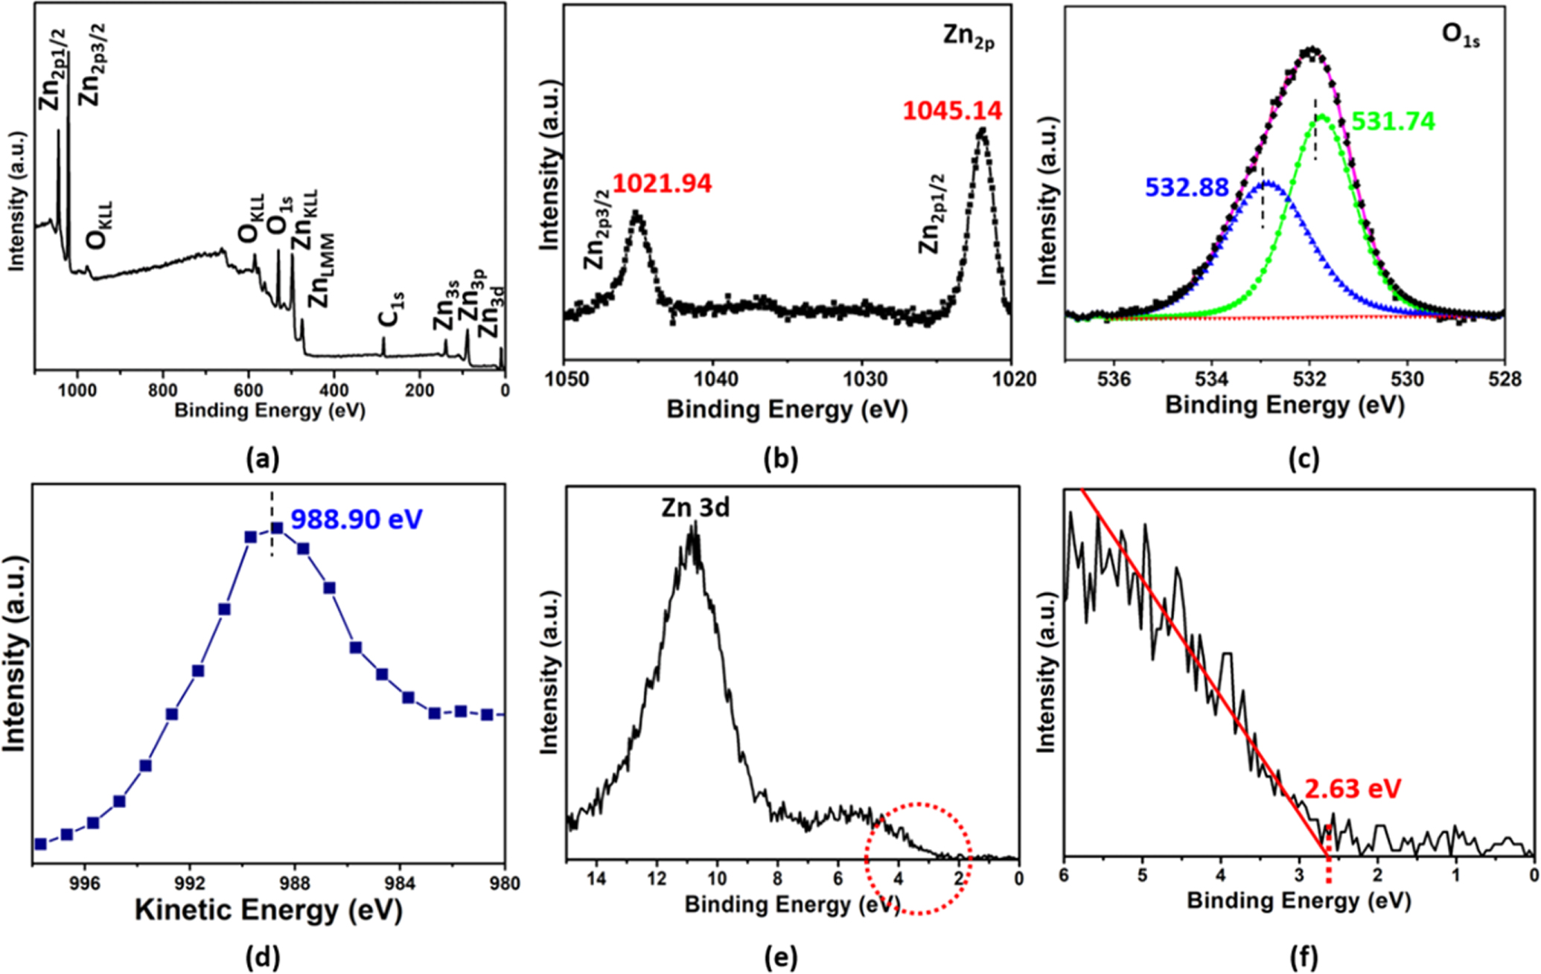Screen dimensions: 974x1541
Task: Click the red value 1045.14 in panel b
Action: [952, 111]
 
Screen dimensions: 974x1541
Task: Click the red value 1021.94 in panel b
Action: [662, 183]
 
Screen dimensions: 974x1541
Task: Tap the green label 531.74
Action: [1393, 121]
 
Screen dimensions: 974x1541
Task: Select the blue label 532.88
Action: [1187, 188]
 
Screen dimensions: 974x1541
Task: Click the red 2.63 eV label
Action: [1353, 788]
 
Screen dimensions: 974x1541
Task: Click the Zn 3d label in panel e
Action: [695, 507]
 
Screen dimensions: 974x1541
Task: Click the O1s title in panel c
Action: [1461, 36]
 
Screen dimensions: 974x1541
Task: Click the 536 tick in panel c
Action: [1114, 379]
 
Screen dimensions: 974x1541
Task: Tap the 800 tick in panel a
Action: [162, 390]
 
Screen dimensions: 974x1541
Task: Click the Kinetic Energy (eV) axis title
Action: [268, 911]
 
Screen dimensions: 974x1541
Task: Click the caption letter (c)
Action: [1304, 459]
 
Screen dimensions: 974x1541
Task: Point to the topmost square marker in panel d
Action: [277, 528]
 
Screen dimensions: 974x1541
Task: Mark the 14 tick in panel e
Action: [596, 879]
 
